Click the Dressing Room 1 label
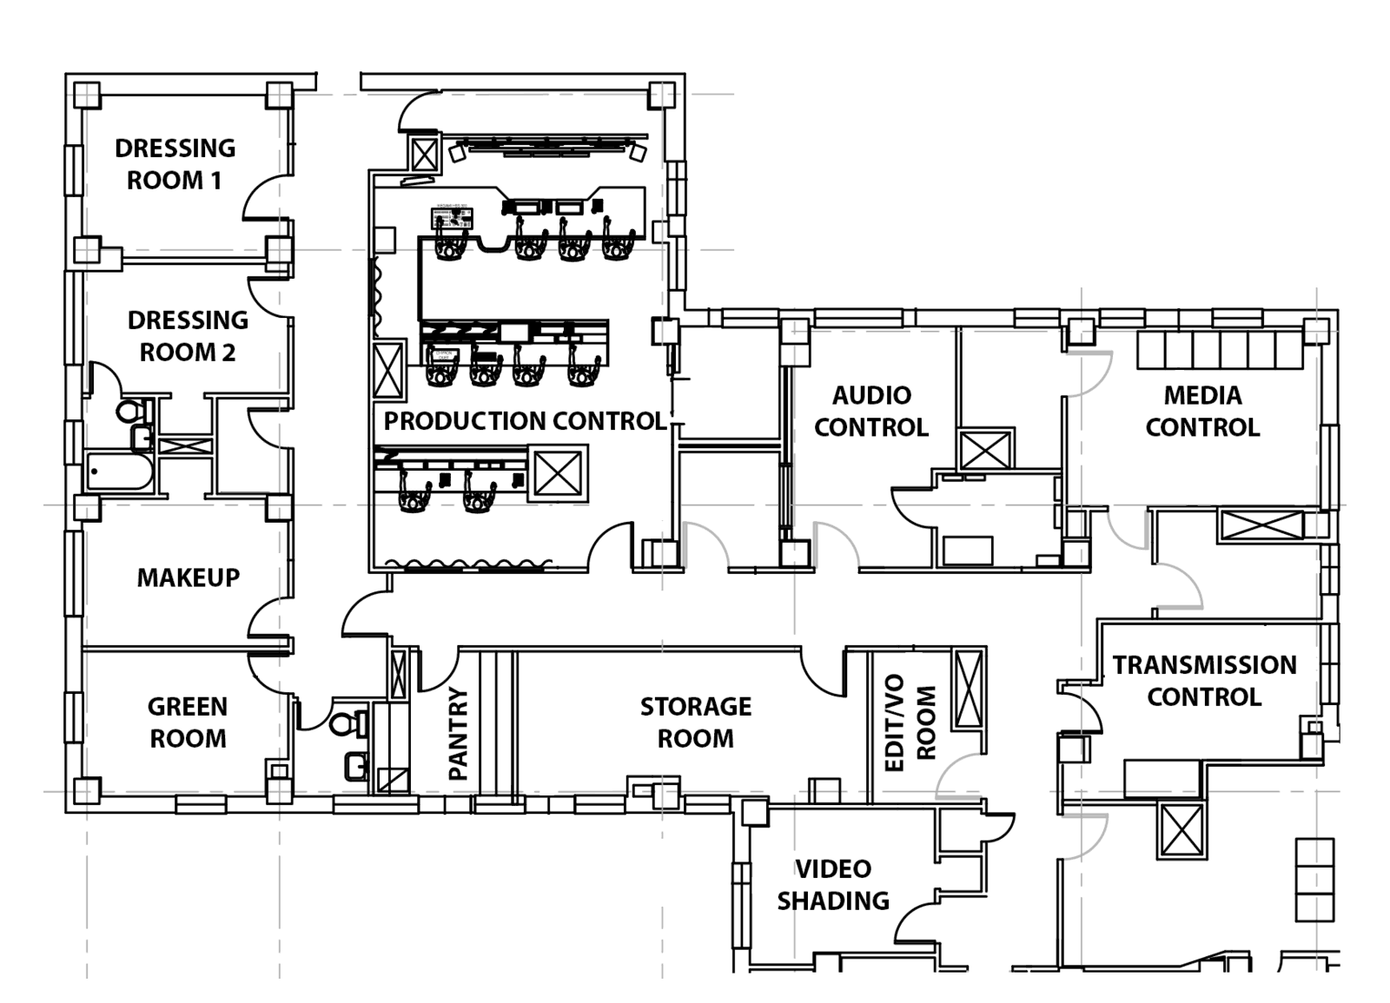tap(175, 164)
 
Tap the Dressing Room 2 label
tap(188, 336)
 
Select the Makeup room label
tap(188, 577)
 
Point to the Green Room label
tap(188, 723)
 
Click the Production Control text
tap(525, 421)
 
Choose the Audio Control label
tap(871, 412)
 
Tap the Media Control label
tap(1202, 412)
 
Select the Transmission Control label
tap(1204, 681)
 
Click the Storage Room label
tap(695, 723)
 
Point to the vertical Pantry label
tap(458, 734)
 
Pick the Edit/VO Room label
tap(910, 723)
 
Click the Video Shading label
tap(832, 885)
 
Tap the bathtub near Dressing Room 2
tap(120, 473)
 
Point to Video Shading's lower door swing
tap(919, 924)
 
